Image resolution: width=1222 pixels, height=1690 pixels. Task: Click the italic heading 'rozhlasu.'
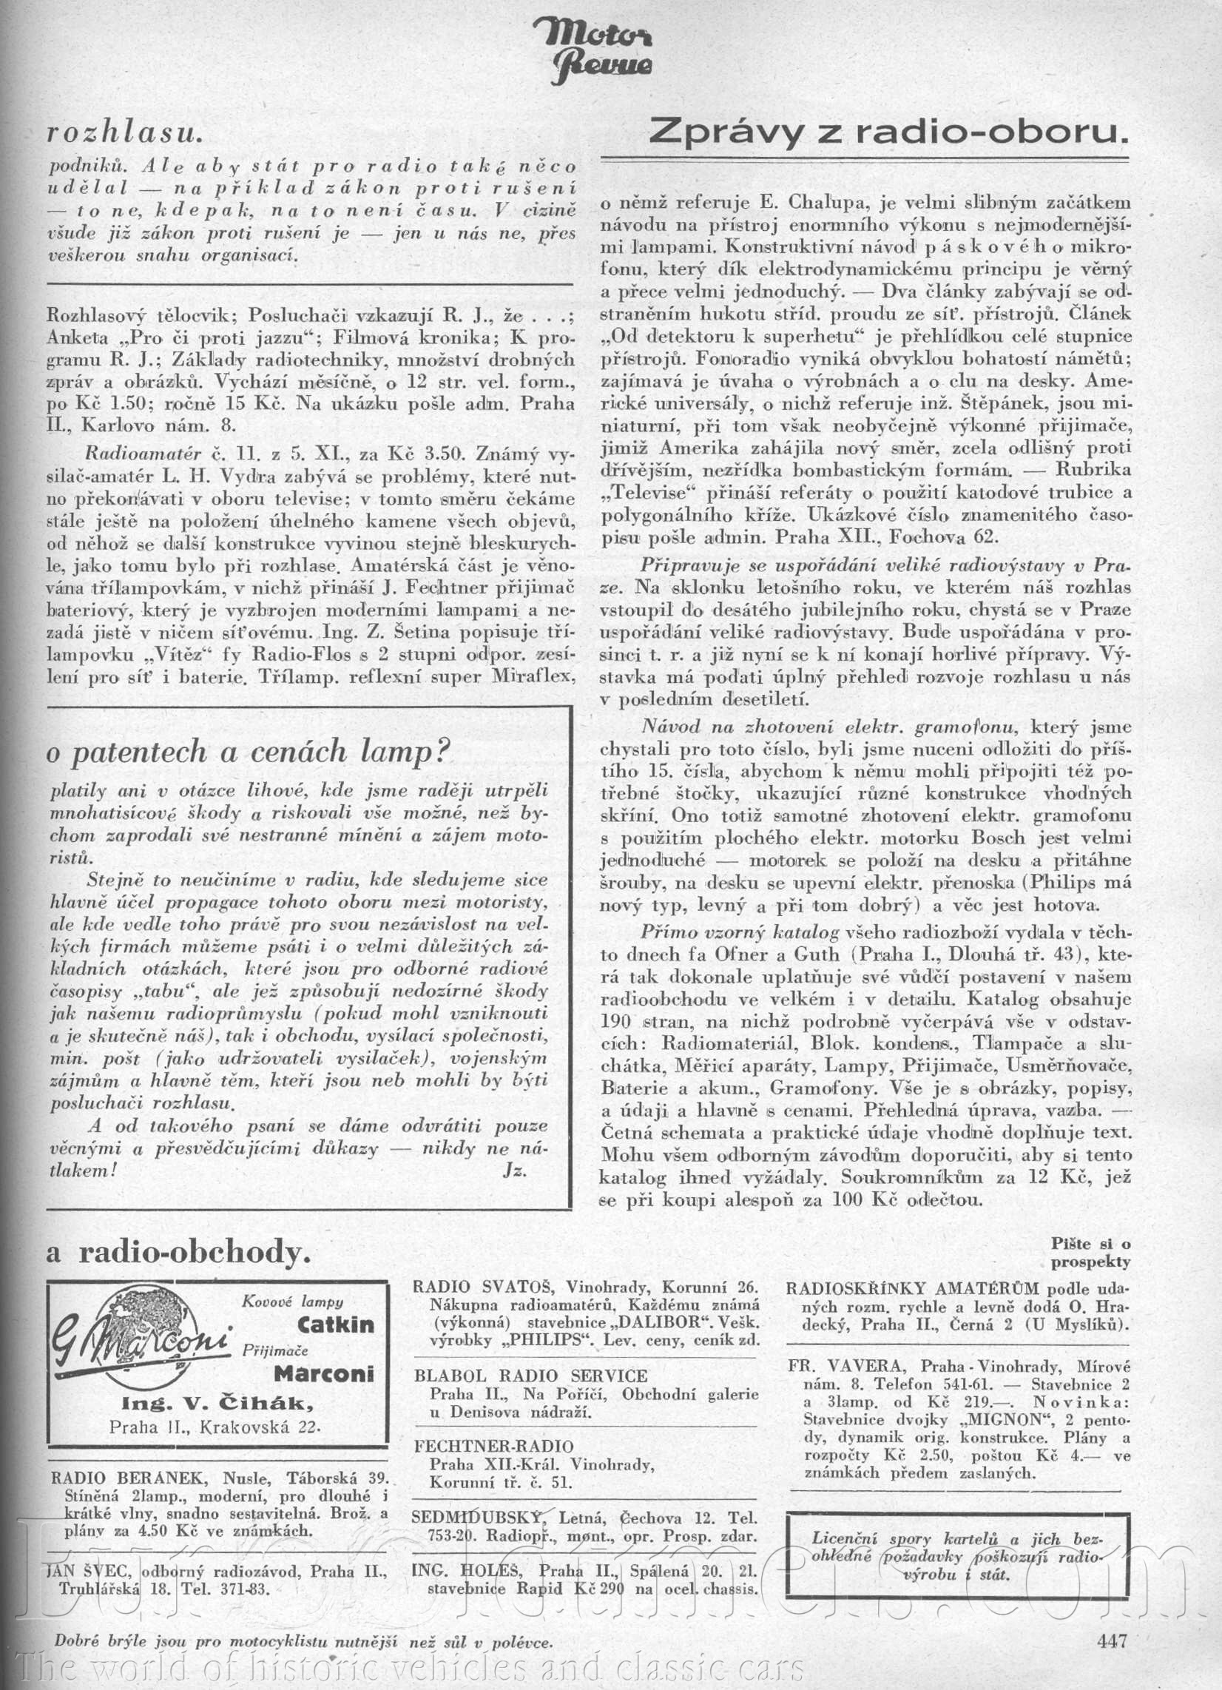tap(124, 132)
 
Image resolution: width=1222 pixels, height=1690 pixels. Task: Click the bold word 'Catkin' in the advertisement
tap(335, 1324)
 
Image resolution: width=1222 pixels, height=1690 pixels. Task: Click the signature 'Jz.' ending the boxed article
tap(515, 1169)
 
